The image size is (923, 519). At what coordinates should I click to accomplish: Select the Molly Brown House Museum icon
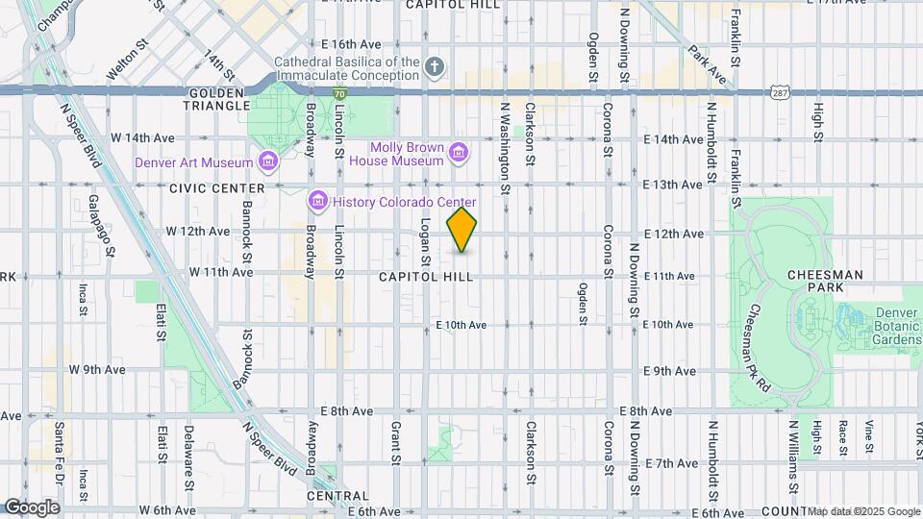pos(459,152)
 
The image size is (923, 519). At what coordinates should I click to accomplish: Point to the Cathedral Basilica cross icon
pos(435,66)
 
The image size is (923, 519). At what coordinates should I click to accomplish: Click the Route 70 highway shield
pos(340,93)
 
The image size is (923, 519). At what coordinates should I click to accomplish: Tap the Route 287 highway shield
pos(780,90)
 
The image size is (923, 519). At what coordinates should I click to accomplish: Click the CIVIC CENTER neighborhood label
pos(217,188)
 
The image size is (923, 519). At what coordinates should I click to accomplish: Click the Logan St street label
pos(424,241)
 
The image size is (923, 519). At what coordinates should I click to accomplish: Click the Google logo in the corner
pos(31,507)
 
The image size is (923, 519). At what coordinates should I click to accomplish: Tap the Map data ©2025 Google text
pos(862,511)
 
